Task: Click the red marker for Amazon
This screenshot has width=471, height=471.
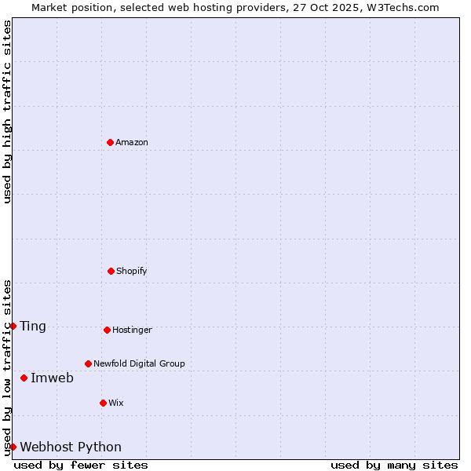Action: pos(110,142)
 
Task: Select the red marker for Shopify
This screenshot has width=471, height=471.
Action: pos(111,271)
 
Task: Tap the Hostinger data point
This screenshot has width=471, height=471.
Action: pos(107,330)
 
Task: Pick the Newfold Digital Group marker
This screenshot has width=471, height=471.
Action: pos(88,363)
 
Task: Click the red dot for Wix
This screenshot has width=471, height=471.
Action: pos(103,403)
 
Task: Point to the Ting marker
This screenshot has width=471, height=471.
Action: pos(13,326)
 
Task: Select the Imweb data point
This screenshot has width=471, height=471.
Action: pos(24,378)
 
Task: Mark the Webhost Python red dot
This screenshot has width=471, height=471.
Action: pos(13,447)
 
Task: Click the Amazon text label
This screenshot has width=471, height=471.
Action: pos(132,142)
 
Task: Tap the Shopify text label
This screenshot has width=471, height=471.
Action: pos(132,271)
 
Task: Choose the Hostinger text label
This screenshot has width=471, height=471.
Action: pos(132,330)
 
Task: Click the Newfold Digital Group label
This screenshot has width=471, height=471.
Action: pos(139,363)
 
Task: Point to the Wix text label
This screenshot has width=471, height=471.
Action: pos(116,403)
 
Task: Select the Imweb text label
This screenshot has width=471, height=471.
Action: pos(52,378)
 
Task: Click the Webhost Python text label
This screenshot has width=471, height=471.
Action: pos(71,447)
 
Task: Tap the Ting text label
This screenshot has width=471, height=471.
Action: pos(33,326)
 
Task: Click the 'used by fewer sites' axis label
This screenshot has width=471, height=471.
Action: pos(81,465)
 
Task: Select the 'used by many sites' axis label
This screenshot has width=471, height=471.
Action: pos(394,465)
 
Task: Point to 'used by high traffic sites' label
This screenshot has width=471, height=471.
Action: pos(7,111)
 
